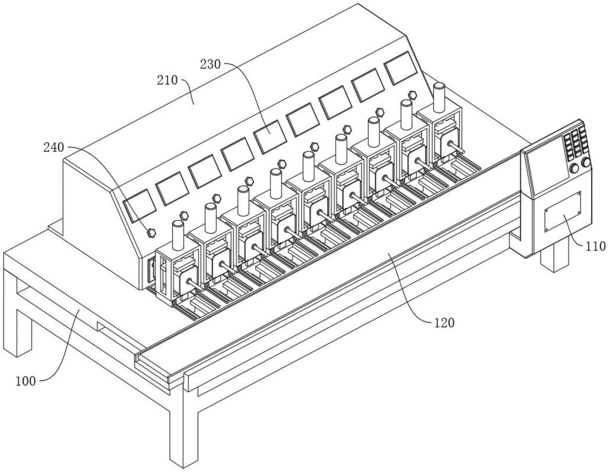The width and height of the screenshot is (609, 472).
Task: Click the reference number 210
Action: [167, 80]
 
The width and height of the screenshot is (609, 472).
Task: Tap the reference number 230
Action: [210, 65]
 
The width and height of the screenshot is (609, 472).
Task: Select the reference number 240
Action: [54, 148]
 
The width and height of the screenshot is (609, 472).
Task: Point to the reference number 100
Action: [26, 381]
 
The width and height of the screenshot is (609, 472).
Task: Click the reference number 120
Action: [444, 323]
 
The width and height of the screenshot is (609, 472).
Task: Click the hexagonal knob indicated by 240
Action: [151, 233]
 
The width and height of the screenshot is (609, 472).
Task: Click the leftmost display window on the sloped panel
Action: [140, 205]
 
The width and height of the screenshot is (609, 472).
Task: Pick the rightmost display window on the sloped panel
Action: [400, 68]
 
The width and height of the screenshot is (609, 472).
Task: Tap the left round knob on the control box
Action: [575, 168]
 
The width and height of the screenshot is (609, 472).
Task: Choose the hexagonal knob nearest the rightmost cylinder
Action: [412, 95]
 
